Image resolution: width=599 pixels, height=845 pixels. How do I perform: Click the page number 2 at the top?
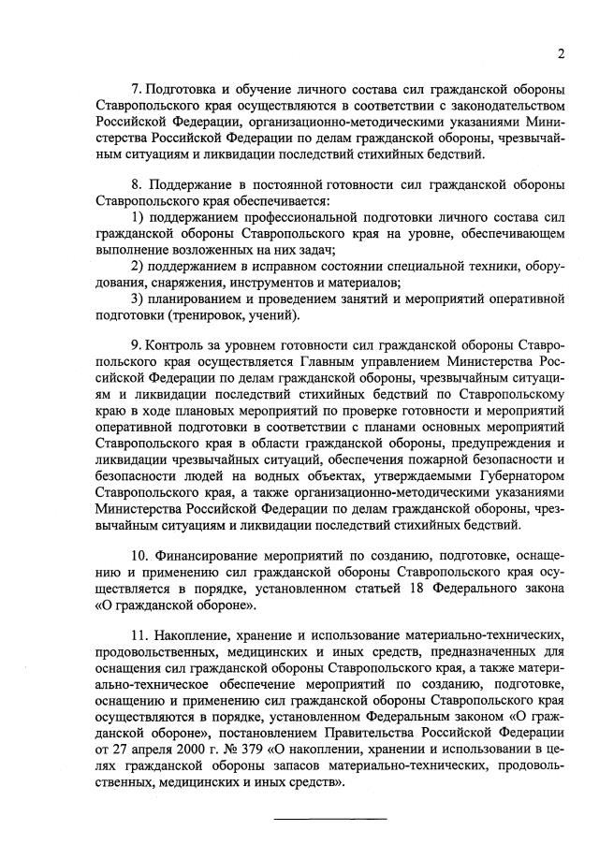coord(559,53)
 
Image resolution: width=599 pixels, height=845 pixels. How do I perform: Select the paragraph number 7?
coord(136,89)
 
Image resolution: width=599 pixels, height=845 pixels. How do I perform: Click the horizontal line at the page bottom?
coord(329,819)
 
